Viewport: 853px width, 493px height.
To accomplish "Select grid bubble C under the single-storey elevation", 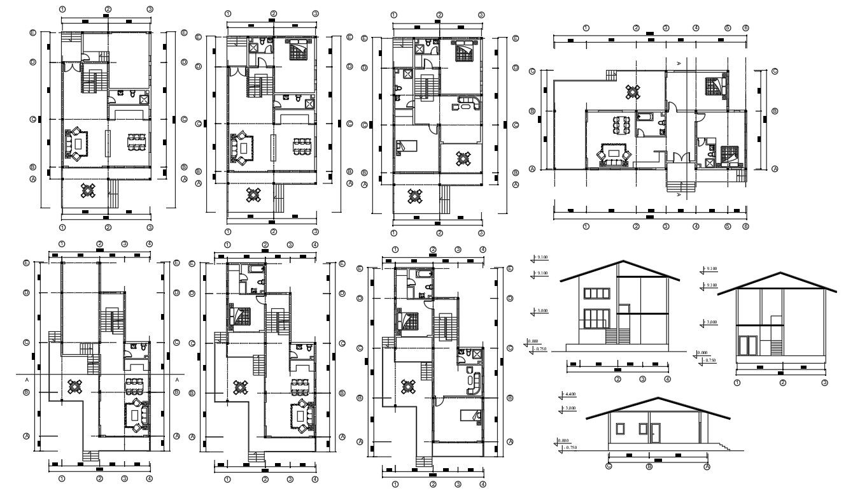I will click(609, 467).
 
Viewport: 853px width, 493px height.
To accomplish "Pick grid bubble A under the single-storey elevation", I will click(707, 467).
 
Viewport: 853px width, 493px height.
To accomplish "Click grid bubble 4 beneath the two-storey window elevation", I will click(667, 380).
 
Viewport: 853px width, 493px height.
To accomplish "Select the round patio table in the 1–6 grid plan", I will click(632, 92).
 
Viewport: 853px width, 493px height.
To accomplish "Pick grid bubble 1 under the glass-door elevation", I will click(737, 383).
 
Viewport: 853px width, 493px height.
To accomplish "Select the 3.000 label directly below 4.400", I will click(570, 408).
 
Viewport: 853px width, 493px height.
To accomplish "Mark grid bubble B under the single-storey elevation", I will click(649, 467).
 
